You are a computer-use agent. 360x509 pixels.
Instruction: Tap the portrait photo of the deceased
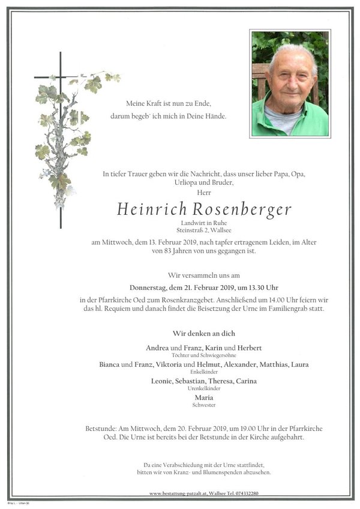point(290,84)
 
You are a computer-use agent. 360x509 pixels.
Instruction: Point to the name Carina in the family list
point(246,381)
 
